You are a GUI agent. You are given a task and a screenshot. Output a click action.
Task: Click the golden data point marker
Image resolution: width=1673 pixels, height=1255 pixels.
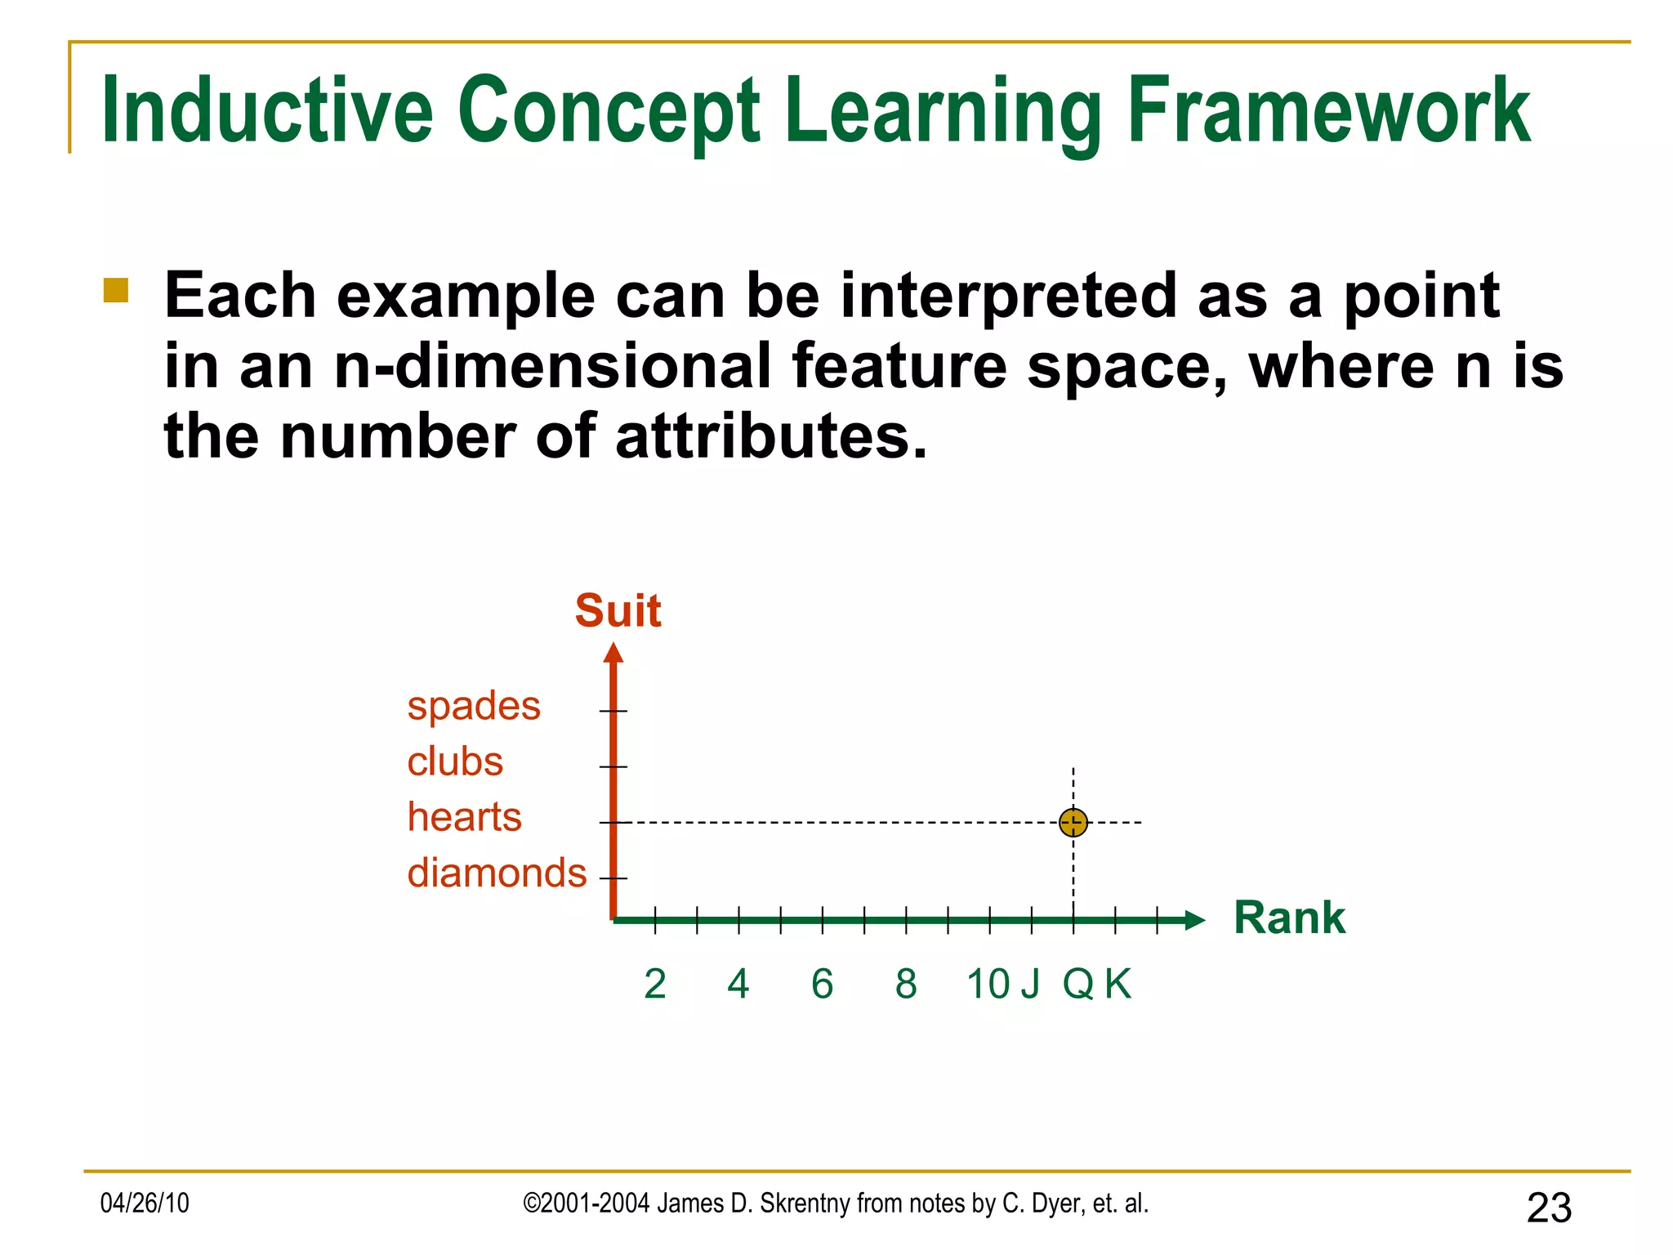pos(1073,822)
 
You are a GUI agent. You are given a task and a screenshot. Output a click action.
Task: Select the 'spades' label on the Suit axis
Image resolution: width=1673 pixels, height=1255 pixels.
pos(474,706)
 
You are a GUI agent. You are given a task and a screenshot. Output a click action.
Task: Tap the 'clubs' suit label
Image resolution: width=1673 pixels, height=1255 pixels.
pos(455,761)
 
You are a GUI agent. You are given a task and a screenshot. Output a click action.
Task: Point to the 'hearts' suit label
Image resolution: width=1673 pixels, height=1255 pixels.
pos(464,817)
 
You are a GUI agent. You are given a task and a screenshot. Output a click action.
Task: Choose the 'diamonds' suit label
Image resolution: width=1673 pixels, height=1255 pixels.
pos(497,873)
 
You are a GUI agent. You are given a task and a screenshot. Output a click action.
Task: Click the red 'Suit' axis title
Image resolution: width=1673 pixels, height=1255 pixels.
pos(618,610)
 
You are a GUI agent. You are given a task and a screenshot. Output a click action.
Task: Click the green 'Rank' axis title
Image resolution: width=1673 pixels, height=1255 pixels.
pos(1289,917)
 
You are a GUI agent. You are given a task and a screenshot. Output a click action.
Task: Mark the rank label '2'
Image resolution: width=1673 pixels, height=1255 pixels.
pos(654,984)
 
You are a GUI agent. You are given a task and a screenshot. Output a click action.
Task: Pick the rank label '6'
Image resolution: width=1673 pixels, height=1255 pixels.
pos(822,984)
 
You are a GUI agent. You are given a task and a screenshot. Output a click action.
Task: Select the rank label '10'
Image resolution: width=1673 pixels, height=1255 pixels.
pos(988,984)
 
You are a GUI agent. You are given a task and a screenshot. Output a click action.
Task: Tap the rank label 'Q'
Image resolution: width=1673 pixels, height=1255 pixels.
pos(1077,984)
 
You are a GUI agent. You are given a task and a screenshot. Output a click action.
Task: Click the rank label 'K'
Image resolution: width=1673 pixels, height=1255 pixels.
pos(1118,984)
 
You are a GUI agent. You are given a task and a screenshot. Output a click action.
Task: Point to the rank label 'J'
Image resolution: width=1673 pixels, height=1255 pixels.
pos(1030,984)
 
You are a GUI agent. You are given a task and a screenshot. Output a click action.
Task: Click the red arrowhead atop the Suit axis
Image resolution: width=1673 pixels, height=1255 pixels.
pos(613,653)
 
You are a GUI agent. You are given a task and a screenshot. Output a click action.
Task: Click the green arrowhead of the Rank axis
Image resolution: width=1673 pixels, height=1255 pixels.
pos(1194,921)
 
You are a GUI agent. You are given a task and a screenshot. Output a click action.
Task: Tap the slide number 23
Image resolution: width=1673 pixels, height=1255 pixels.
pos(1549,1208)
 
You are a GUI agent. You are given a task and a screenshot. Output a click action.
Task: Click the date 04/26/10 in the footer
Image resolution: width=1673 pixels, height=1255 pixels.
pos(145,1203)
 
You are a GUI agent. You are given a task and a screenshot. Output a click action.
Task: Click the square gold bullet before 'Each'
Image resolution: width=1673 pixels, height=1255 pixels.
pos(116,291)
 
